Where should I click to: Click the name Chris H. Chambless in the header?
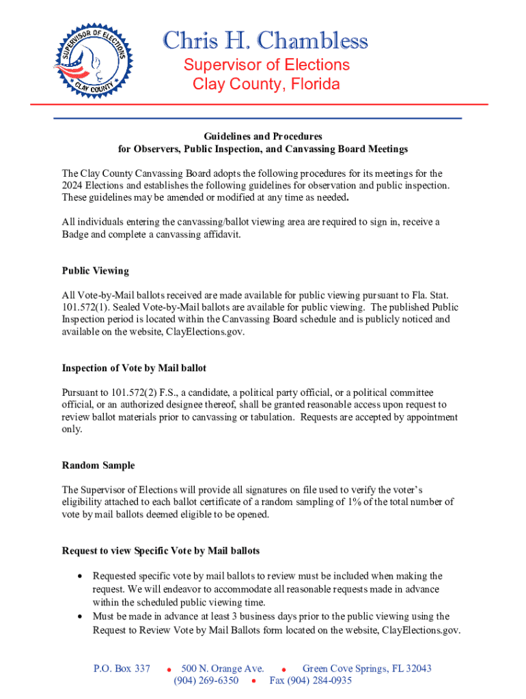pyautogui.click(x=266, y=42)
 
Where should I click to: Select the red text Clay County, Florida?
pyautogui.click(x=266, y=85)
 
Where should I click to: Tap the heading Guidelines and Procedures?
pyautogui.click(x=262, y=137)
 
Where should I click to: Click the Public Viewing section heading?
pyautogui.click(x=95, y=270)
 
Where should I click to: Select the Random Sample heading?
pyautogui.click(x=98, y=466)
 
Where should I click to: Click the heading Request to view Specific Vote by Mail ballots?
pyautogui.click(x=161, y=550)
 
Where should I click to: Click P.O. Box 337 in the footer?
pyautogui.click(x=122, y=668)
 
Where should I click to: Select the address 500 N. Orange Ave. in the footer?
pyautogui.click(x=227, y=668)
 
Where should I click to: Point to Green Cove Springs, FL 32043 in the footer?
pyautogui.click(x=367, y=668)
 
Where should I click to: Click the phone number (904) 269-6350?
pyautogui.click(x=206, y=681)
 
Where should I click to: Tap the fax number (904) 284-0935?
pyautogui.click(x=310, y=681)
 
